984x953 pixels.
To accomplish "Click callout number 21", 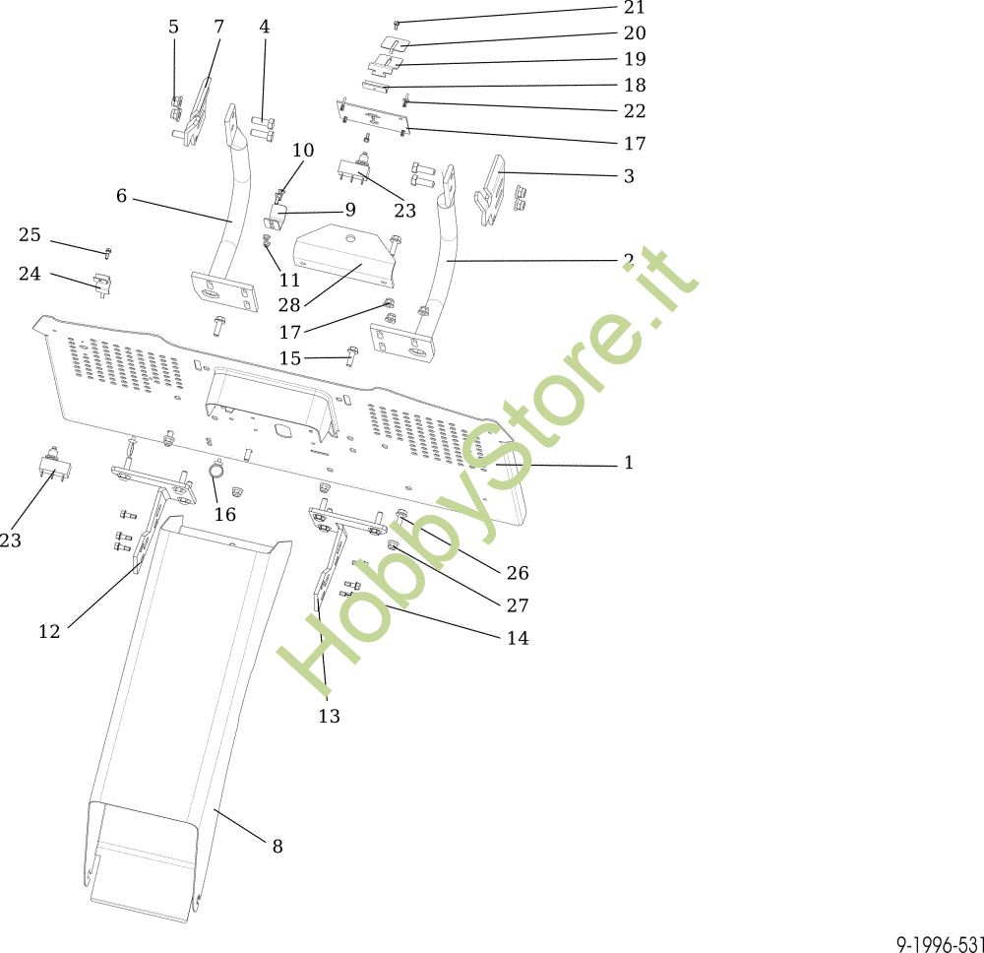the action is tap(635, 8).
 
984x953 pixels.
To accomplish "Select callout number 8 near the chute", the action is tap(277, 847).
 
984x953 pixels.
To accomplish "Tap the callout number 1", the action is tap(629, 463).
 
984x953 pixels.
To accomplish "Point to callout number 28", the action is tap(289, 305).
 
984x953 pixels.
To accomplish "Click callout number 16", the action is tap(225, 515).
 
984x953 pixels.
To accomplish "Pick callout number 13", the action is tap(329, 716).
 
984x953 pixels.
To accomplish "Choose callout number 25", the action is tap(30, 234).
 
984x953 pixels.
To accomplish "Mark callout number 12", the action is tap(49, 632).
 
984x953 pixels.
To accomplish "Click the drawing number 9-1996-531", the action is tap(940, 943).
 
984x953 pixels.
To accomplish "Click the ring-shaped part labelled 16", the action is tap(216, 469).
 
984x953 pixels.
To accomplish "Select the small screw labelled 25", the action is tap(108, 252).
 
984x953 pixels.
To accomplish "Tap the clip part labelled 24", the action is tap(102, 285).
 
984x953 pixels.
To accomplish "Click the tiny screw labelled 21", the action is tap(397, 24).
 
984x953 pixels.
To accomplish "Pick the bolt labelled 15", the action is tap(351, 357).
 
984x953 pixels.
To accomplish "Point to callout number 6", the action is tap(122, 196).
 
